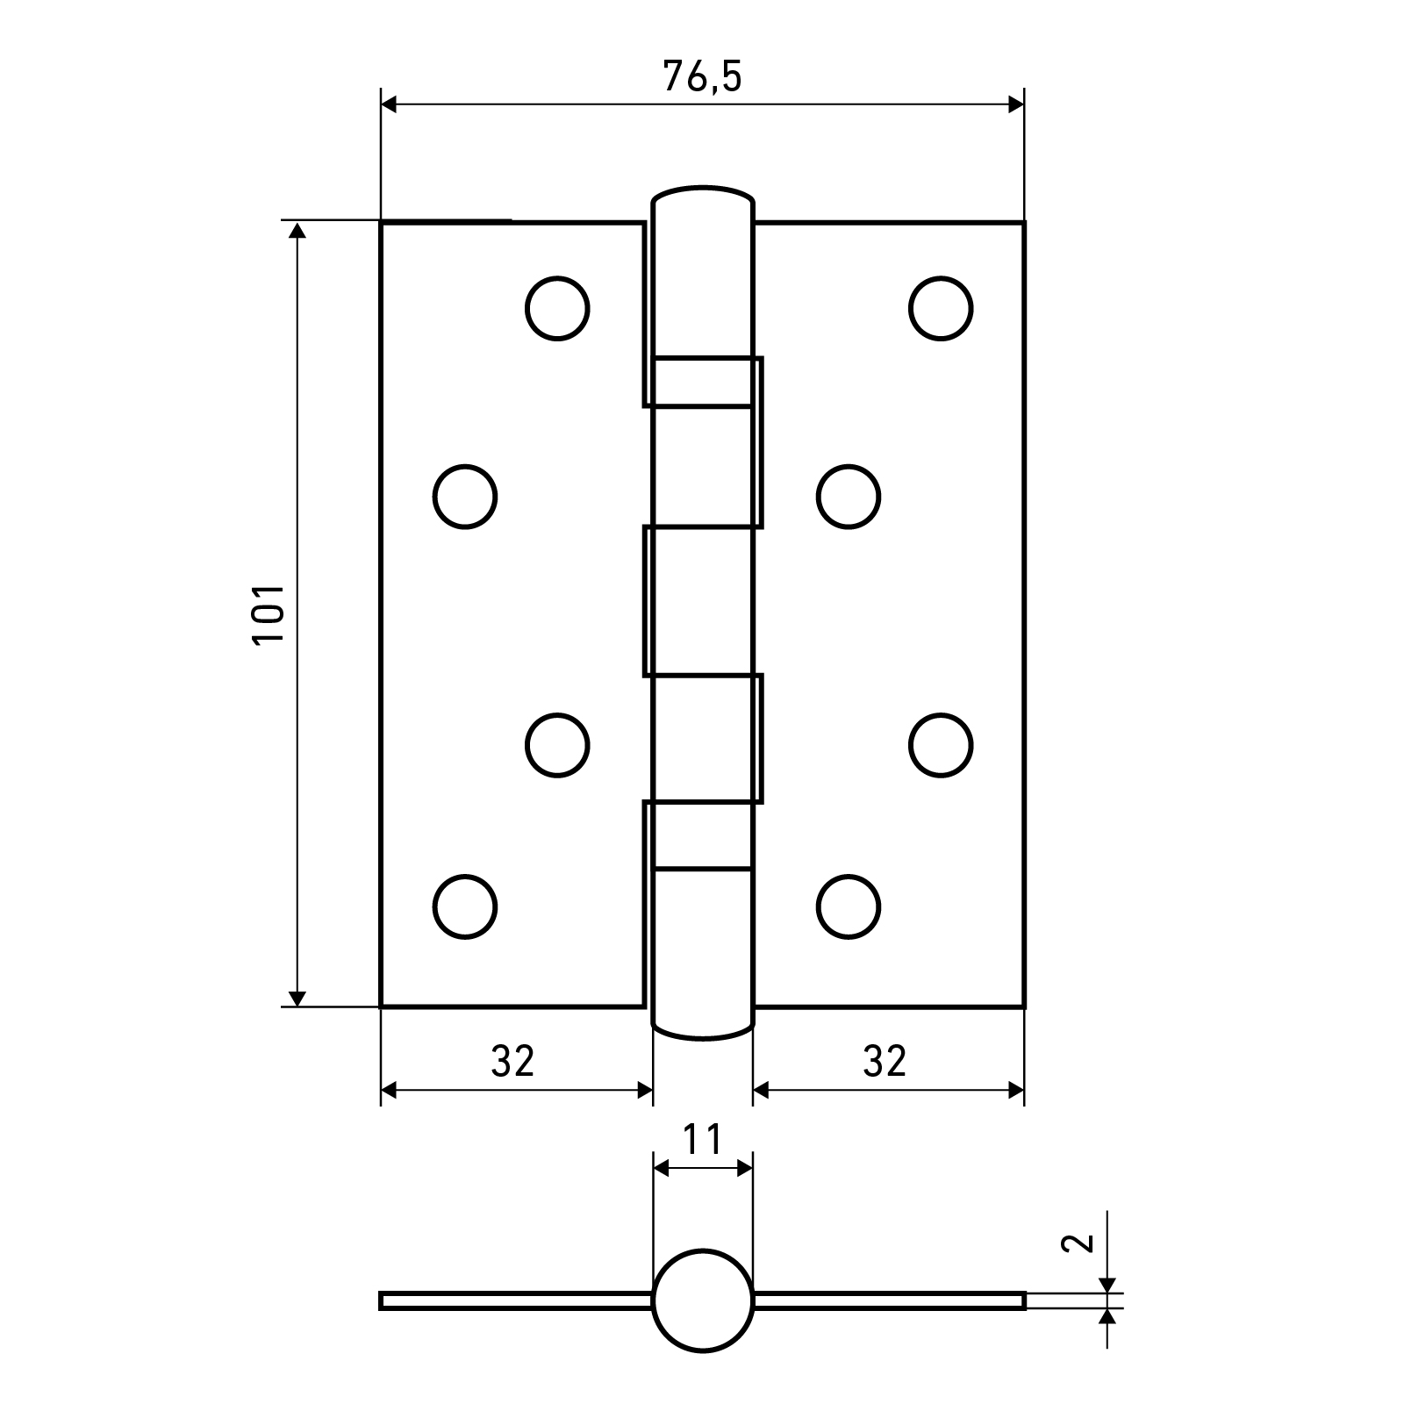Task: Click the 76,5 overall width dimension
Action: point(702,77)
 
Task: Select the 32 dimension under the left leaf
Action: point(512,1062)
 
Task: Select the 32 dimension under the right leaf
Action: point(885,1062)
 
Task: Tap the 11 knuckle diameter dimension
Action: point(702,1140)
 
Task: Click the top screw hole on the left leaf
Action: point(557,308)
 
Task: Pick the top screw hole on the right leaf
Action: point(941,308)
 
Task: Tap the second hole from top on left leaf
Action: point(465,497)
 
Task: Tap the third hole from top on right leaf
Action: point(941,745)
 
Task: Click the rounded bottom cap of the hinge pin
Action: point(702,1028)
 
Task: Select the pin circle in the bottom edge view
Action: point(702,1300)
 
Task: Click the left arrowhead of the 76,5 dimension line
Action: point(390,104)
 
